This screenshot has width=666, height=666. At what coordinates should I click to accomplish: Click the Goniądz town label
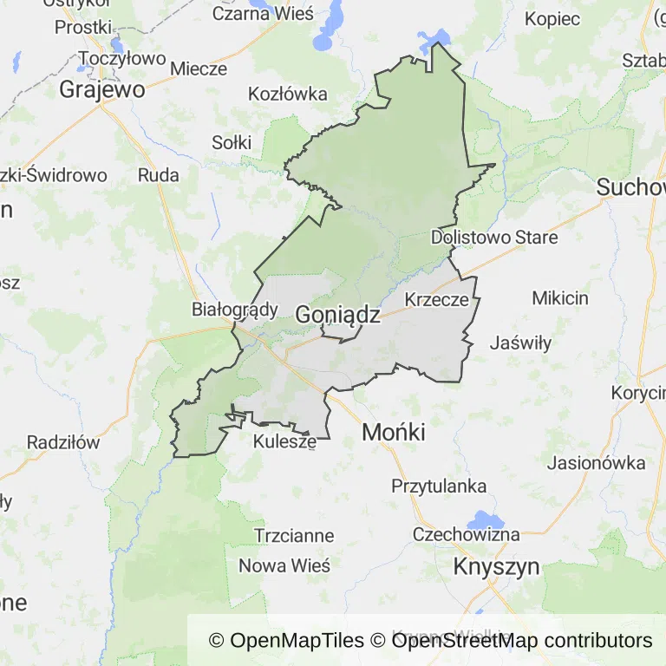[x=337, y=316]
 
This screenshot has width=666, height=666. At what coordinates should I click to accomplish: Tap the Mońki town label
[x=394, y=432]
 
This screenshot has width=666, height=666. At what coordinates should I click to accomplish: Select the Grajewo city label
[x=101, y=89]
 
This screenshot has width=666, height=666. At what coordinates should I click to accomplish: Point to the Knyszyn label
[x=497, y=567]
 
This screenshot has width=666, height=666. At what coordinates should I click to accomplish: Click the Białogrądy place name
[x=234, y=310]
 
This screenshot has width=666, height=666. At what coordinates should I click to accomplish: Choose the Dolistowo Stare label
[x=494, y=237]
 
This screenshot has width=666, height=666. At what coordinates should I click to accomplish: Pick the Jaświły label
[x=520, y=343]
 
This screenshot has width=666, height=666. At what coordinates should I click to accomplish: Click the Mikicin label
[x=559, y=298]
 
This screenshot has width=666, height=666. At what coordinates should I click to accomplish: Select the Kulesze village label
[x=284, y=442]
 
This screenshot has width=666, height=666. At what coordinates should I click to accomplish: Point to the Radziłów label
[x=63, y=442]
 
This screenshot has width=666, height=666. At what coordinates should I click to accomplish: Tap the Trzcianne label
[x=294, y=536]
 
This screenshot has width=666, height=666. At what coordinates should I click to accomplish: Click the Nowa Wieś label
[x=284, y=566]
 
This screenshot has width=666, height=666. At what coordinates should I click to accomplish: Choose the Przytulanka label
[x=439, y=486]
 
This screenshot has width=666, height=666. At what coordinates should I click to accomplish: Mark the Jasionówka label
[x=597, y=462]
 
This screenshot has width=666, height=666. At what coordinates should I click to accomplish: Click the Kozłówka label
[x=287, y=94]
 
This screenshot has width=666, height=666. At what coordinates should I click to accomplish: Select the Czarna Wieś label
[x=263, y=15]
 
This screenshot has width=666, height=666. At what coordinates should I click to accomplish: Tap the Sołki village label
[x=232, y=142]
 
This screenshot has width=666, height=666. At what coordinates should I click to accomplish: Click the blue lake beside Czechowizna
[x=480, y=521]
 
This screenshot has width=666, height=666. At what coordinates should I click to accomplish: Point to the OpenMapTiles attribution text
[x=286, y=641]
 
